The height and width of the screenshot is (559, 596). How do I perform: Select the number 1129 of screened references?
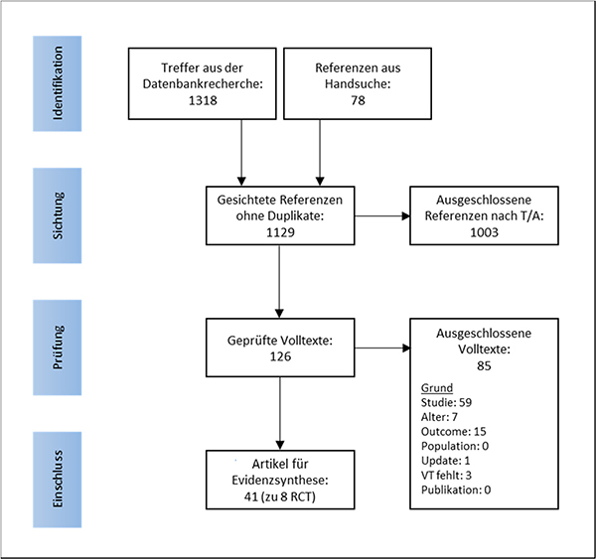[279, 230]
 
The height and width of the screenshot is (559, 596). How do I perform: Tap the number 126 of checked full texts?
[279, 356]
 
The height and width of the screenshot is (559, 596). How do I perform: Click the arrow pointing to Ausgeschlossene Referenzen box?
[381, 215]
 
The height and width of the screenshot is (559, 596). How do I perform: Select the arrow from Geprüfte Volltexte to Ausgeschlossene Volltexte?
[381, 349]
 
